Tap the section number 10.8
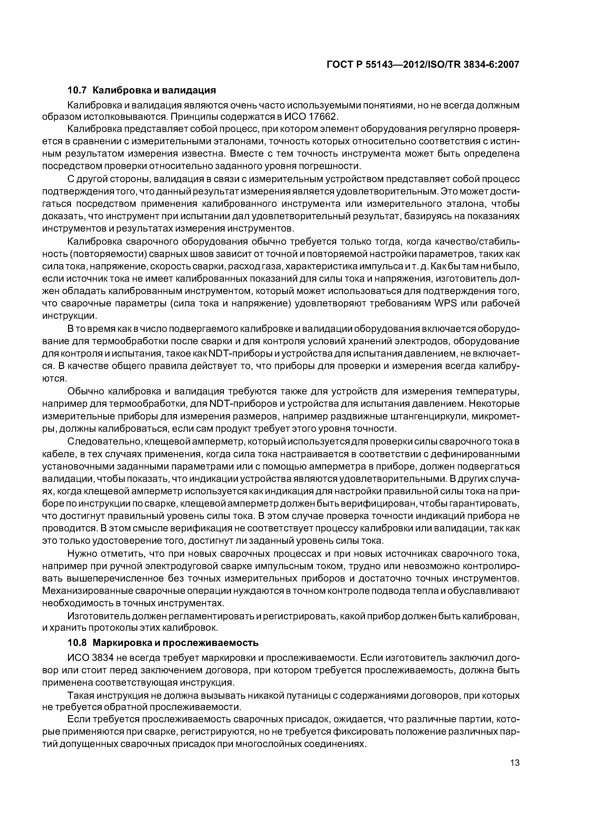77,643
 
